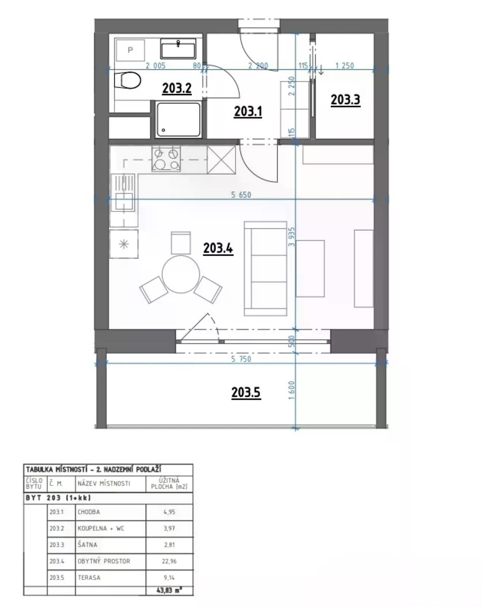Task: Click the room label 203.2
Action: point(176,88)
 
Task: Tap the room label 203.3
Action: point(345,100)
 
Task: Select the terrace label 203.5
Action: point(246,392)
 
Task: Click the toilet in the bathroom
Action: point(127,80)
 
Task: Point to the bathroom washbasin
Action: point(178,49)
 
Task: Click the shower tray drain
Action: point(163,130)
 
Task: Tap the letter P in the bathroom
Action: point(130,50)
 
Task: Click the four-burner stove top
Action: point(166,159)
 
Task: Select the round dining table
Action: point(181,274)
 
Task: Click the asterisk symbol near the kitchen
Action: point(124,244)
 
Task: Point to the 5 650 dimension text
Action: point(241,195)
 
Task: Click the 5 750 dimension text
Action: point(241,359)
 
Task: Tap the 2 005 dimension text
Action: point(156,66)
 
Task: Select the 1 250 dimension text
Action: point(344,65)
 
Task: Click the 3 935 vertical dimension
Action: point(292,237)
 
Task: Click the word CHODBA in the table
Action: point(89,512)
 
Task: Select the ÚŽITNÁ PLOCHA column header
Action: point(169,483)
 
